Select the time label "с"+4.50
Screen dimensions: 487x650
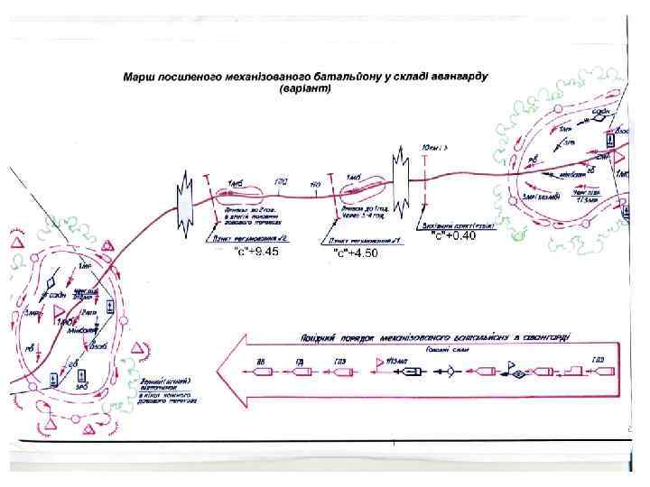[355, 253]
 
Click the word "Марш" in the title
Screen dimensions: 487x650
[142, 78]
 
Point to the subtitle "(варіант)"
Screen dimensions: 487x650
[305, 91]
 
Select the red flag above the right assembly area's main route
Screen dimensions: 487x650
[619, 161]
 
